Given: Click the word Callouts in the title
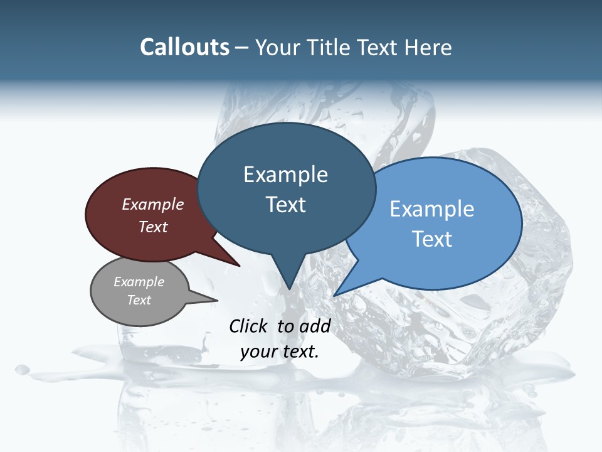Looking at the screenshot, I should [x=184, y=47].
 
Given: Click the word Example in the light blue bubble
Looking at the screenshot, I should [x=432, y=208].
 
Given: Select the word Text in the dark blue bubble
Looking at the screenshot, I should [x=286, y=205].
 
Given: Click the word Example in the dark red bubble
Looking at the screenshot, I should [x=153, y=204].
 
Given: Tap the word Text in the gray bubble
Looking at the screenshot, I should [x=139, y=300].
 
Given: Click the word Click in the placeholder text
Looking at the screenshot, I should [x=249, y=326].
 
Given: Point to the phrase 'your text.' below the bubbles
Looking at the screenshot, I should [x=280, y=352].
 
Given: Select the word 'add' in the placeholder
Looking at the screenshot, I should [x=315, y=326].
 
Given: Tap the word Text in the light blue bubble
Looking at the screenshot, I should [x=432, y=239].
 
